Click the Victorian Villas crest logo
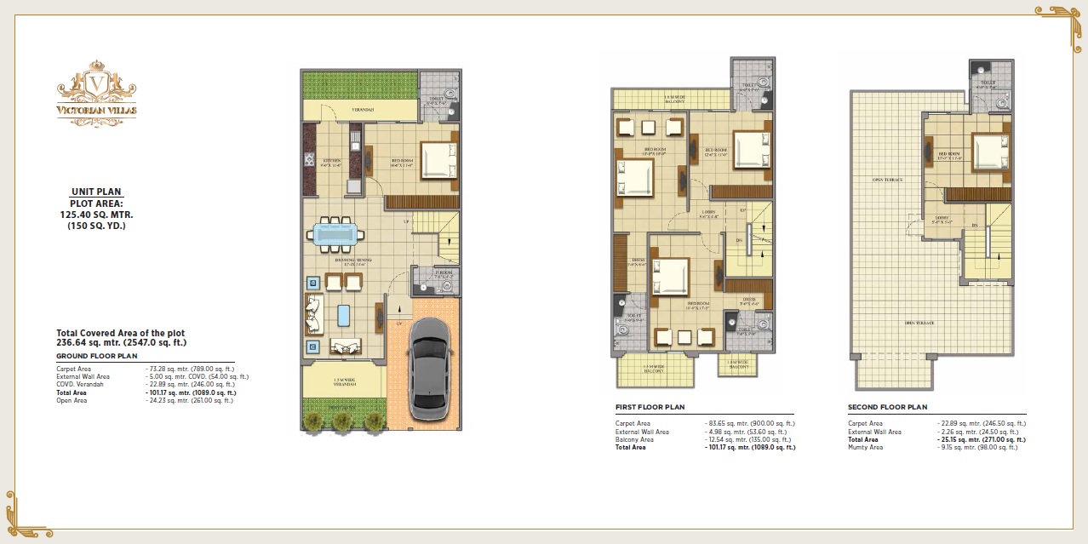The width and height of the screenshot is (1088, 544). point(97,89)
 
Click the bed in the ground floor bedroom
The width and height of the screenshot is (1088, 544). point(438,159)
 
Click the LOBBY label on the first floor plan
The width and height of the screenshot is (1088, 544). point(707,212)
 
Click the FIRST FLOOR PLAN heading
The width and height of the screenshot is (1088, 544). point(650,408)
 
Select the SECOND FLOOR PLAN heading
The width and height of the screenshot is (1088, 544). point(887,408)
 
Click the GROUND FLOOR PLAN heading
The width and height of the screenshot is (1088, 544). point(96,356)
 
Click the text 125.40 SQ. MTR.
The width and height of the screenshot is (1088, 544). point(96,215)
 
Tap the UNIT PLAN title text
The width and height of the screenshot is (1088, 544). point(96,192)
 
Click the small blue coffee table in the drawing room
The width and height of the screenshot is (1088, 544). point(344,315)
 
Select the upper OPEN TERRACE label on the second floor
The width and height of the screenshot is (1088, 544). point(887,180)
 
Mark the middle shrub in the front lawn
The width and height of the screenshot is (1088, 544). point(342,420)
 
